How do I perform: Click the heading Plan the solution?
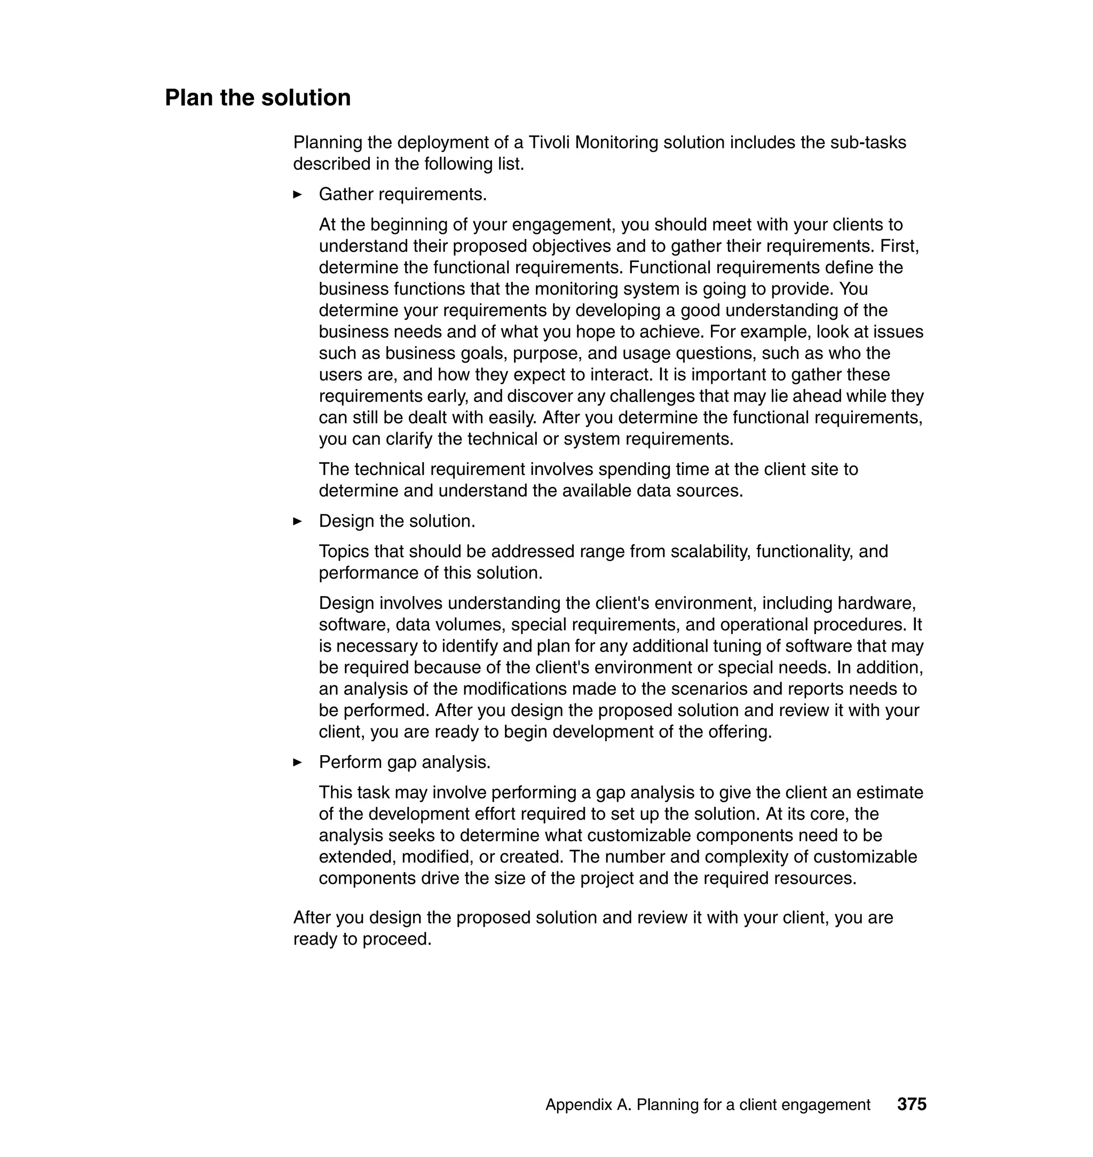click(x=258, y=98)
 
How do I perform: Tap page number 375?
click(x=911, y=1104)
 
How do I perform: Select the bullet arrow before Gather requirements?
click(x=297, y=195)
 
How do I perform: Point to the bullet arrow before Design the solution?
click(x=297, y=521)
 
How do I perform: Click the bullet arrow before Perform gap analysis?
click(x=297, y=763)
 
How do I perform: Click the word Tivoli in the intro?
click(x=549, y=142)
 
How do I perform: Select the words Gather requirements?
click(x=402, y=195)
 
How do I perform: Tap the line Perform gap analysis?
click(x=405, y=763)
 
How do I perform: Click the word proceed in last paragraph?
click(x=396, y=939)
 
